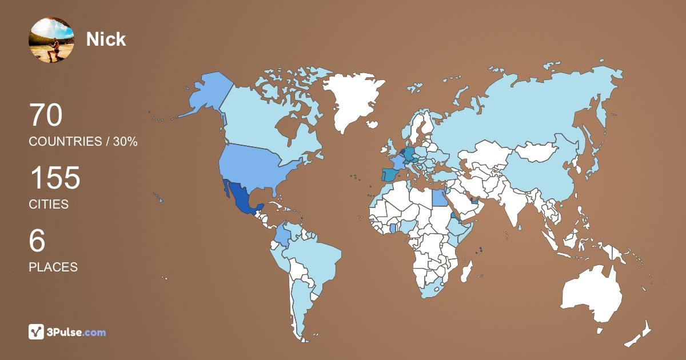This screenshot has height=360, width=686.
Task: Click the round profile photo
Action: tap(51, 39)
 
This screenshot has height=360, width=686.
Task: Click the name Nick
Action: tap(106, 39)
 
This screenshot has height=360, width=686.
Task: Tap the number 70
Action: tap(45, 116)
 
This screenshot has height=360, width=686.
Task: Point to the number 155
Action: tap(54, 178)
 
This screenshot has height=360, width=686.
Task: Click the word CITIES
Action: tap(49, 205)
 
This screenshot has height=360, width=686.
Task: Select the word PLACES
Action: tap(53, 267)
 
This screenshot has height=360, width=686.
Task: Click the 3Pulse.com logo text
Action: tap(77, 332)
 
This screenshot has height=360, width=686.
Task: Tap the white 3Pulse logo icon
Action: tap(37, 332)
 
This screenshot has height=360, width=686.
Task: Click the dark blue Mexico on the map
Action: tap(240, 197)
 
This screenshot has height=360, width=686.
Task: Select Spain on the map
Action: tap(390, 174)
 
